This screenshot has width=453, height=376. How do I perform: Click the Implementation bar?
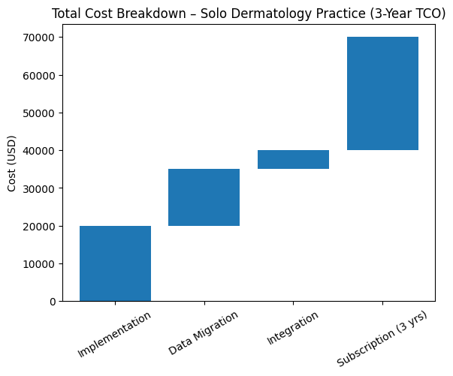tap(115, 263)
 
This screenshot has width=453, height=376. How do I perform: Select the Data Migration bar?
tap(204, 197)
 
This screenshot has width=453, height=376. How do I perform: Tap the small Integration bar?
tap(293, 160)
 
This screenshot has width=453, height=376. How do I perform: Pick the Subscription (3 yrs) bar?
tap(382, 94)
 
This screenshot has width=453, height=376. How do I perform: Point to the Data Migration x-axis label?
tap(204, 332)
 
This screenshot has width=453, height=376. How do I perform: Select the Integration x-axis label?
tap(292, 328)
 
